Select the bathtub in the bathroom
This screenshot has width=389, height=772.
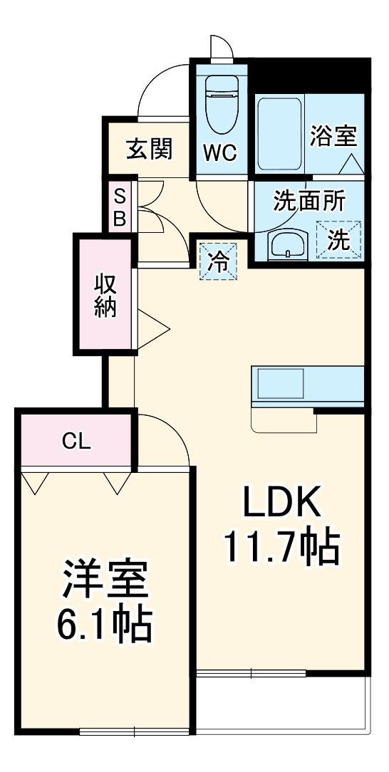tap(279, 132)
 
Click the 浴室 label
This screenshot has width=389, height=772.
tap(333, 136)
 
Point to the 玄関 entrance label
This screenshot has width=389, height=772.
tap(149, 149)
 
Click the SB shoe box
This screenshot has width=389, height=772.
tap(120, 206)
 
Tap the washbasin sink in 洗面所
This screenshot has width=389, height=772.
tap(289, 246)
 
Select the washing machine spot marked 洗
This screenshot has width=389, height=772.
tap(339, 239)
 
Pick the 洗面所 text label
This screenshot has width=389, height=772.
tap(309, 202)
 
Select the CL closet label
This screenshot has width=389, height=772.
tap(76, 442)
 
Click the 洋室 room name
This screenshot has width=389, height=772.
tap(105, 580)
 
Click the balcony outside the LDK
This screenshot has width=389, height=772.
tap(281, 702)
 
